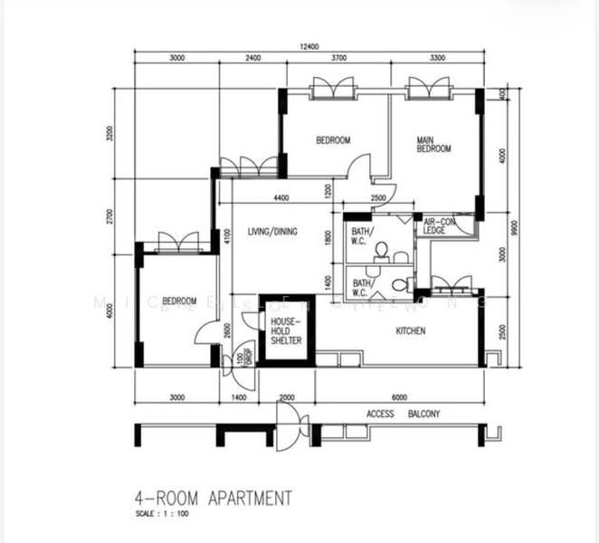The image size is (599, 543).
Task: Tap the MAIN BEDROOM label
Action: click(x=433, y=144)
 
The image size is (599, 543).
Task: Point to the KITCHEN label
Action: click(x=410, y=331)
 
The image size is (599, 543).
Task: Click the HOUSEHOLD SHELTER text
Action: click(x=285, y=330)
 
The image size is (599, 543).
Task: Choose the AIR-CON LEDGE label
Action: click(x=435, y=226)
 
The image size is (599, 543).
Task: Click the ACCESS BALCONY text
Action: click(x=403, y=414)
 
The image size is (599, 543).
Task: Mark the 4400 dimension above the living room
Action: click(x=280, y=198)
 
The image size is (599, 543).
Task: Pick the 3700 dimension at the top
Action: click(x=339, y=58)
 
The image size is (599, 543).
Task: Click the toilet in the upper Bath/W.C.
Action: click(x=381, y=250)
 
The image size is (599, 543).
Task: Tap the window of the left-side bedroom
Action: click(x=177, y=243)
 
